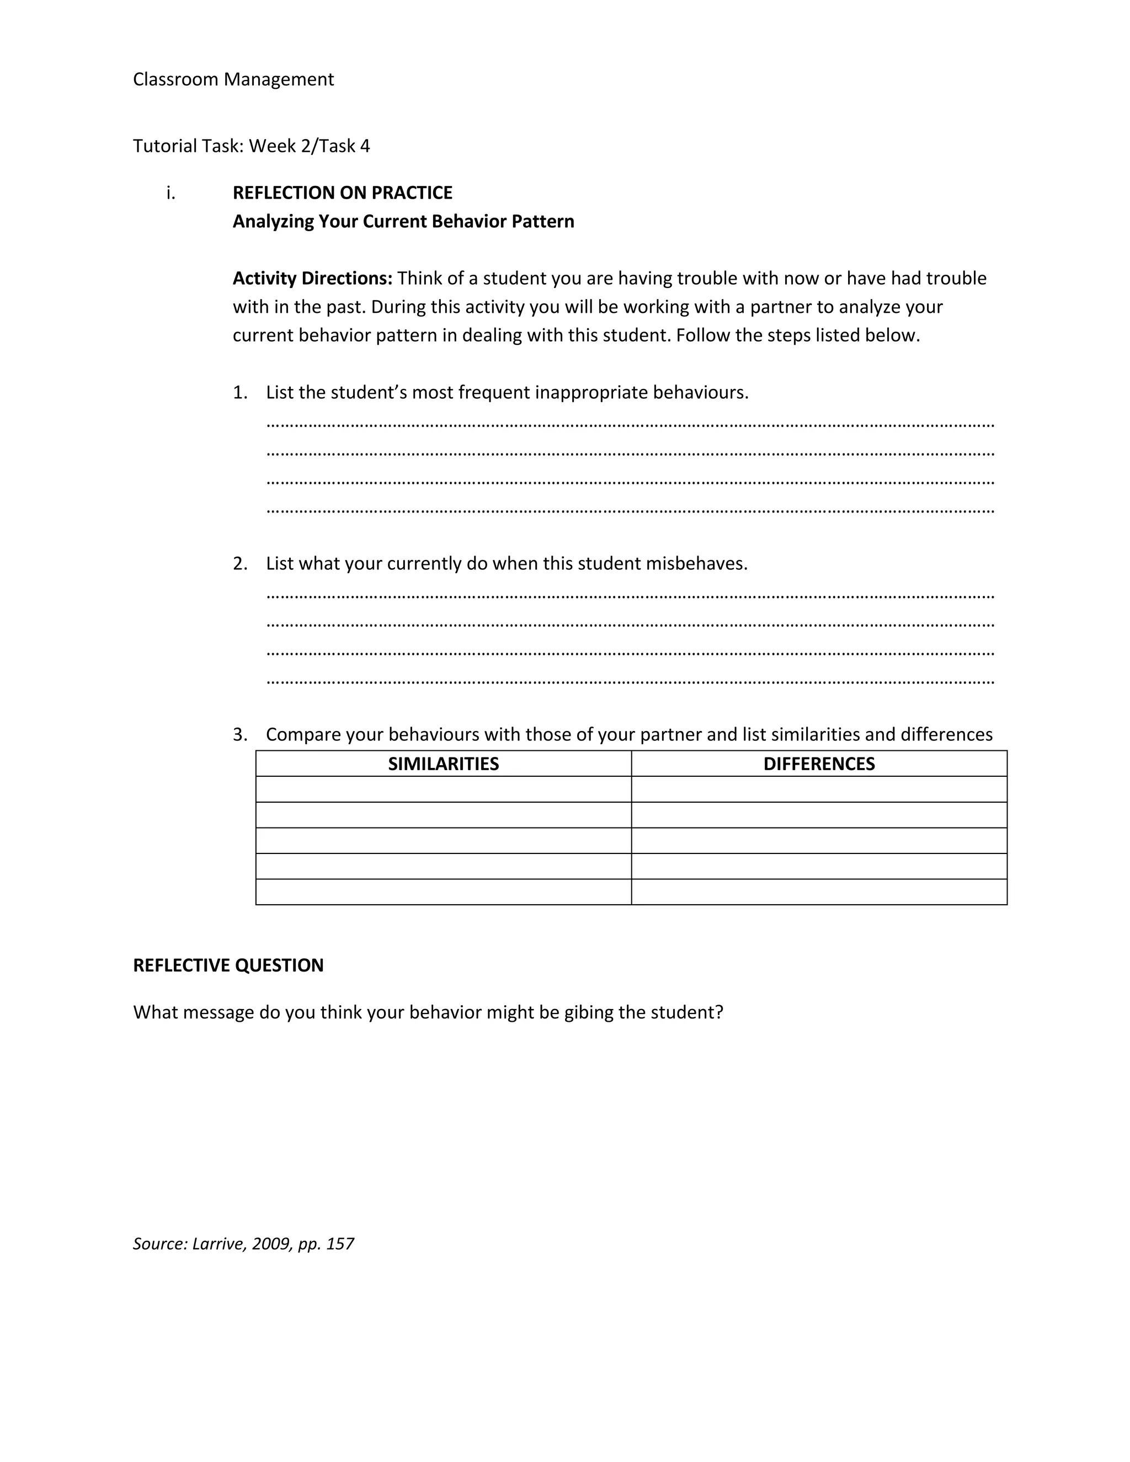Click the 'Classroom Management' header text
(x=233, y=79)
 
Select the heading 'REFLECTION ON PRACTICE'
(x=342, y=193)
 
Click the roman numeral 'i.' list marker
(x=170, y=193)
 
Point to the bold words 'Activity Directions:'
(x=312, y=278)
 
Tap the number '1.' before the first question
(x=239, y=392)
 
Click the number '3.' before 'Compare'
(x=239, y=734)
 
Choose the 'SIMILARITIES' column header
(x=443, y=764)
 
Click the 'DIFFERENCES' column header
(x=819, y=764)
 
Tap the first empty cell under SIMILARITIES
(x=443, y=789)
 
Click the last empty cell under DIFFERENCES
(x=819, y=892)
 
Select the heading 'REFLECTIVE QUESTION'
(x=228, y=965)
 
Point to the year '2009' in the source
(x=271, y=1244)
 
